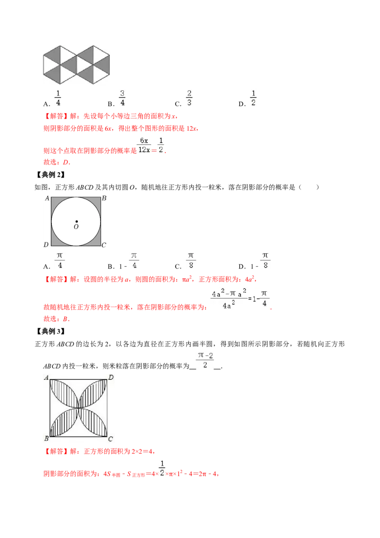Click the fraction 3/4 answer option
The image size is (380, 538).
click(x=122, y=97)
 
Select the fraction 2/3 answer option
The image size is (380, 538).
click(x=189, y=97)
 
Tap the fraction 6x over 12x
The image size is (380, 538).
click(x=142, y=145)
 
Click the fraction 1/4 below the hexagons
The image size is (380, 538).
click(x=58, y=97)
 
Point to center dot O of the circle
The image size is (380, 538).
click(x=76, y=221)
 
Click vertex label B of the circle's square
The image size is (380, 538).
click(x=104, y=198)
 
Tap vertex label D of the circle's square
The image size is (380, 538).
click(x=46, y=245)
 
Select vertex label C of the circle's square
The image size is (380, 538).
click(x=104, y=245)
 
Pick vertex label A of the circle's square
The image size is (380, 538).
click(x=47, y=198)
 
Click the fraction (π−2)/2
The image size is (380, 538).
click(x=205, y=359)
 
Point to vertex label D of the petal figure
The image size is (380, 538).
click(x=110, y=377)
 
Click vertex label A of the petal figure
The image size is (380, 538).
click(x=47, y=378)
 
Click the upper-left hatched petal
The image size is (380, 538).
click(x=64, y=393)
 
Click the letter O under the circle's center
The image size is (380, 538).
click(x=76, y=227)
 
